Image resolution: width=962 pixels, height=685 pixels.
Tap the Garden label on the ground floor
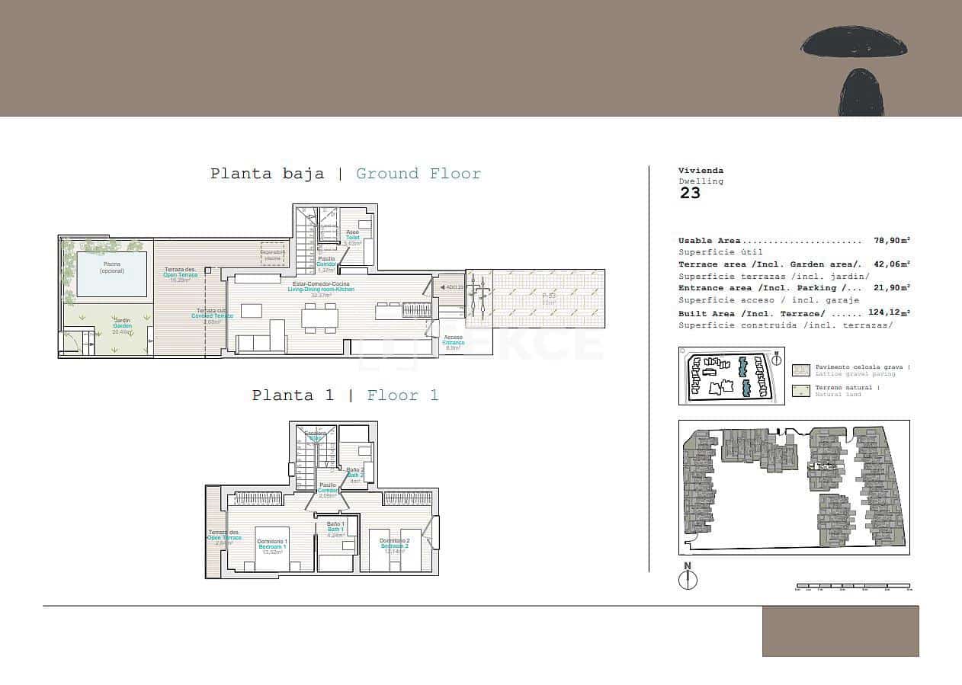[x=122, y=326]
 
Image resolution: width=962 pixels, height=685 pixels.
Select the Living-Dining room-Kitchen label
[x=320, y=290]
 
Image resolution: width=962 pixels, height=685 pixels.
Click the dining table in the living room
[x=319, y=318]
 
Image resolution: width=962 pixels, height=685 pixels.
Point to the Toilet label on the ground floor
[x=352, y=238]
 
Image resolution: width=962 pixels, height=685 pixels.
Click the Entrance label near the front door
[x=453, y=343]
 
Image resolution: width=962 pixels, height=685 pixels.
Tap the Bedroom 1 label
[x=272, y=546]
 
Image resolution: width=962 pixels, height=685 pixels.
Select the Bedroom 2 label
[x=395, y=546]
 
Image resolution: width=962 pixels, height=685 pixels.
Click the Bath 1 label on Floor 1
[x=336, y=530]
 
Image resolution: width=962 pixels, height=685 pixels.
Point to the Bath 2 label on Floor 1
[x=354, y=475]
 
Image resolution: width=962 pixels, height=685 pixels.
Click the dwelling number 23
[x=690, y=193]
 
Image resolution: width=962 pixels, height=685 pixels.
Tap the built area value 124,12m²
[x=889, y=313]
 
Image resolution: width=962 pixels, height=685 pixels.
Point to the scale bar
[x=853, y=587]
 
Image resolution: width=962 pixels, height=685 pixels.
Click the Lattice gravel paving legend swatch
[x=801, y=370]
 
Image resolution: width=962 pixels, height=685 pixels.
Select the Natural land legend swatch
[x=801, y=391]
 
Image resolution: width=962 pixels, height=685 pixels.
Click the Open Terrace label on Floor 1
[x=223, y=537]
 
